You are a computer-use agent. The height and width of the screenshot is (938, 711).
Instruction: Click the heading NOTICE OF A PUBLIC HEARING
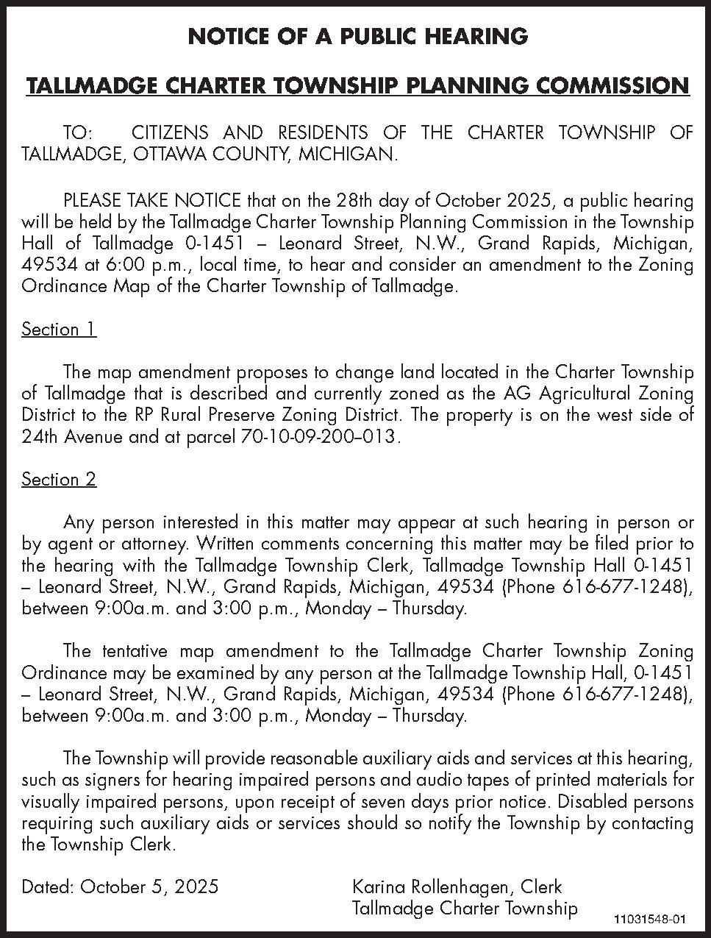point(358,36)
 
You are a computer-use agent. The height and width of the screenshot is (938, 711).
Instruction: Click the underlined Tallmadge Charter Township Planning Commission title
point(358,86)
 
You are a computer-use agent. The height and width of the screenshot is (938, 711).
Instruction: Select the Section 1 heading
point(59,329)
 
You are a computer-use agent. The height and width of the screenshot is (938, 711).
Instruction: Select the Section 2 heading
point(59,480)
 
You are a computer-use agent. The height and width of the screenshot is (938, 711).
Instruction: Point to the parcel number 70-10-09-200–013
point(320,437)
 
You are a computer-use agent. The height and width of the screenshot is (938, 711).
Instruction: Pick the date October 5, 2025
point(149,887)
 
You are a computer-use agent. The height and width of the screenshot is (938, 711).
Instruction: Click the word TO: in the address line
point(79,133)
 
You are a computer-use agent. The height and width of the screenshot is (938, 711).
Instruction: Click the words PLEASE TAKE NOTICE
point(152,200)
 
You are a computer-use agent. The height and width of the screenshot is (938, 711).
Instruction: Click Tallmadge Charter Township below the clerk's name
point(465,909)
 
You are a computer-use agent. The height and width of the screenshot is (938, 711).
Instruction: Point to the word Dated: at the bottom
point(48,887)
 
